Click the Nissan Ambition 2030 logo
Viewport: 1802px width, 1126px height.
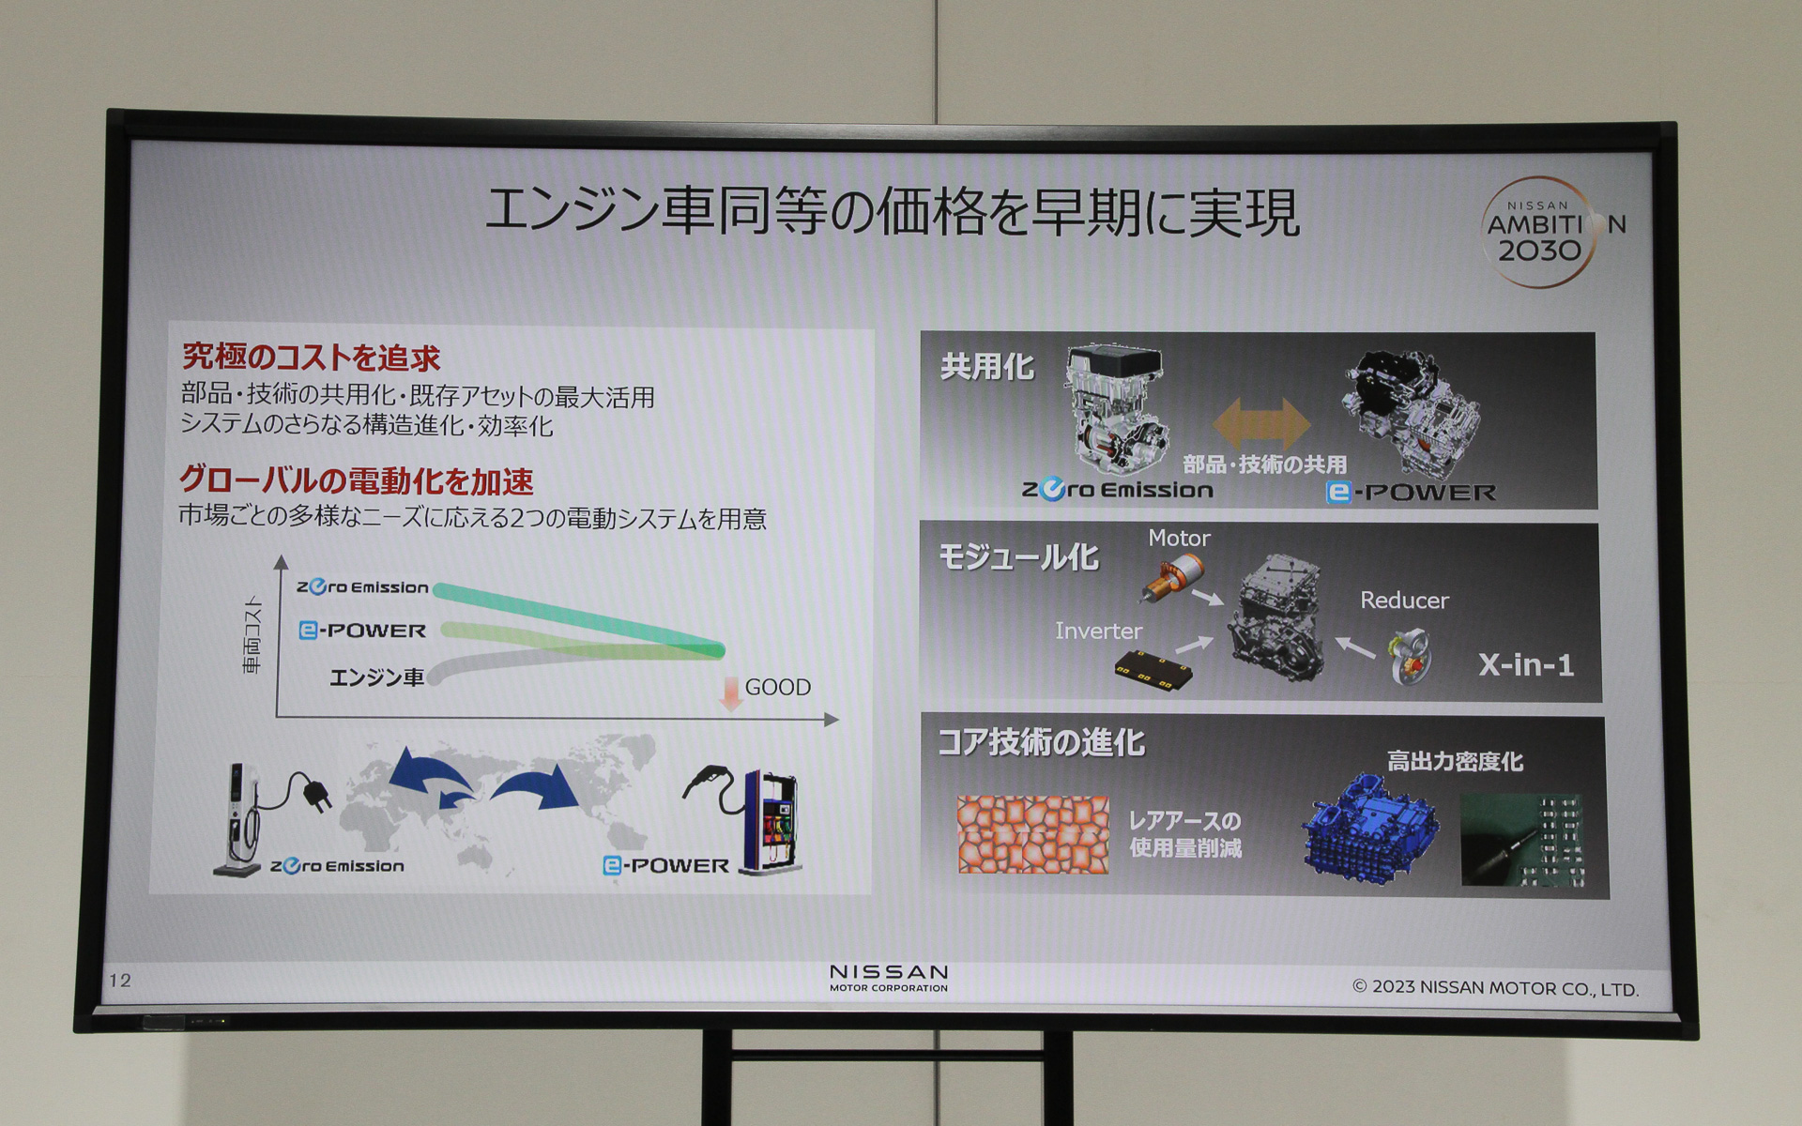[x=1541, y=231]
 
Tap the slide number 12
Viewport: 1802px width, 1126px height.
[x=120, y=981]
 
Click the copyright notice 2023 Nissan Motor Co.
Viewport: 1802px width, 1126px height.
[x=1495, y=988]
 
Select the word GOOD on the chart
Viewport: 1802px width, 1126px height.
[x=777, y=688]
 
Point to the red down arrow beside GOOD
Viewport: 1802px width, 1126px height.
[x=730, y=692]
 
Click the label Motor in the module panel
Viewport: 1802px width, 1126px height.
[x=1179, y=539]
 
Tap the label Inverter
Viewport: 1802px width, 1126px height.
[x=1098, y=631]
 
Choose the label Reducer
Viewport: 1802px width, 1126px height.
[x=1404, y=601]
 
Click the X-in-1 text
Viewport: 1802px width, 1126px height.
[x=1526, y=665]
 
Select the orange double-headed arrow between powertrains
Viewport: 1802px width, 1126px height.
[x=1260, y=423]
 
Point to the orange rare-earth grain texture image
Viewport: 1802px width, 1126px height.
[x=1032, y=834]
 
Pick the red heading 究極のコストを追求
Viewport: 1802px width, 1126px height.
[x=311, y=358]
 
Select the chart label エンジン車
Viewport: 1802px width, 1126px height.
[x=376, y=677]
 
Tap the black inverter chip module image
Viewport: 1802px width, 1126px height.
[x=1153, y=670]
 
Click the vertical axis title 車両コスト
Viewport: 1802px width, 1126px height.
[x=252, y=635]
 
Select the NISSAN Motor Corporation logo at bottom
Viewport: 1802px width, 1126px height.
[x=889, y=977]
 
